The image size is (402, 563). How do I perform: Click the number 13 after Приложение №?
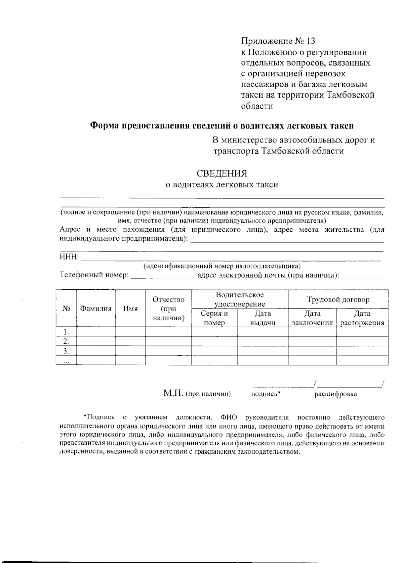point(310,41)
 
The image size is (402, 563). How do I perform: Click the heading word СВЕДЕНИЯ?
point(222,173)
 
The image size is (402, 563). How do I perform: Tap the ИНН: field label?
point(69,257)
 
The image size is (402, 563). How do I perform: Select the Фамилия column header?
point(95,309)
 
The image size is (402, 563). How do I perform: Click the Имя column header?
point(130,309)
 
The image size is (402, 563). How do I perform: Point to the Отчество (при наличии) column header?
point(169,308)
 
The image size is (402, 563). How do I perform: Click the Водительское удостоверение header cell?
point(240,299)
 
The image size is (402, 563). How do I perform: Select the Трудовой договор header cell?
point(338,299)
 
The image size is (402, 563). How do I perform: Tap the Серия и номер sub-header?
point(214,318)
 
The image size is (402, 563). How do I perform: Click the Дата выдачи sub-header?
point(263,318)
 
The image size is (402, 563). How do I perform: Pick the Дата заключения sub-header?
point(312,318)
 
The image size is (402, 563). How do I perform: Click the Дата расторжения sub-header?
point(362,318)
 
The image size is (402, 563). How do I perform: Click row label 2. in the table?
point(66,341)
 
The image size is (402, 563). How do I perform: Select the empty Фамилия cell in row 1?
point(96,332)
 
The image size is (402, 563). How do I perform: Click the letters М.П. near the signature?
point(173,393)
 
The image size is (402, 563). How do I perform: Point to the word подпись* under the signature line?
point(266,394)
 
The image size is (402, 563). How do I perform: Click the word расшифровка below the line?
point(335,394)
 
